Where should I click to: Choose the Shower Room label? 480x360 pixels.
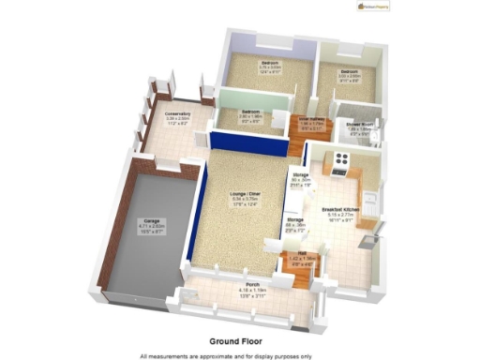[x=361, y=126]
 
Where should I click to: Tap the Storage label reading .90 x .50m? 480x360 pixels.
[x=301, y=180]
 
